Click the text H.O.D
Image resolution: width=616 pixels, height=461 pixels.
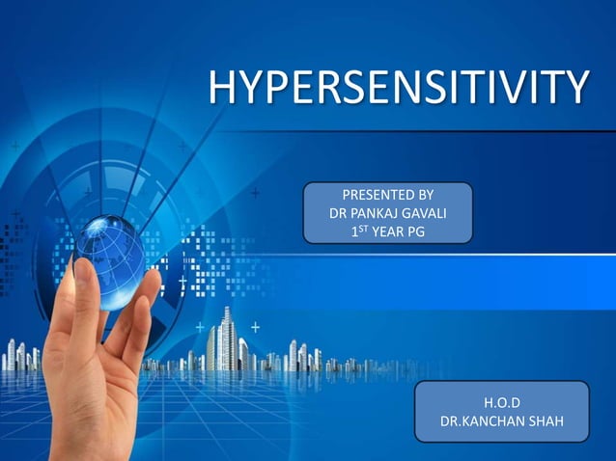coord(501,402)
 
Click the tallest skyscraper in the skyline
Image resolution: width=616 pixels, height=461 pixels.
coord(228,338)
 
